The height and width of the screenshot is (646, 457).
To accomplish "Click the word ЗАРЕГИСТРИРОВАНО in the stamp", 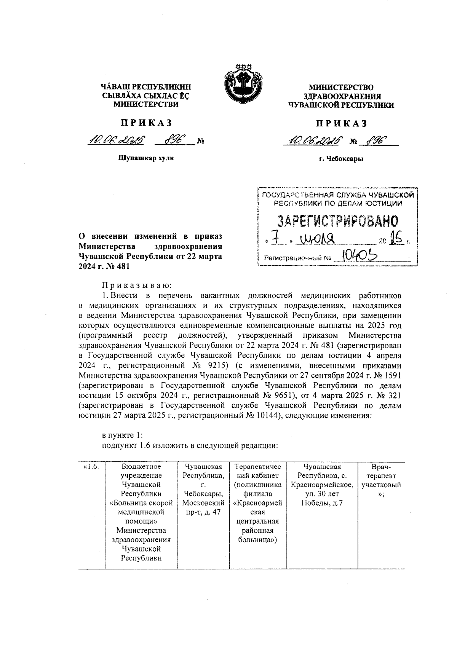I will tap(337, 221).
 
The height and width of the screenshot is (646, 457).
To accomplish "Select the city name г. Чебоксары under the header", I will tap(341, 159).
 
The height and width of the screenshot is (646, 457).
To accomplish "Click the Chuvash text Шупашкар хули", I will tap(146, 158).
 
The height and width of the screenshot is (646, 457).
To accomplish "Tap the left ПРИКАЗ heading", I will tap(147, 123).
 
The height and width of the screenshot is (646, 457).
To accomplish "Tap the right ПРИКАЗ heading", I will tap(341, 123).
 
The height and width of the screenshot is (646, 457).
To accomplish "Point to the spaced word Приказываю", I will tap(137, 285).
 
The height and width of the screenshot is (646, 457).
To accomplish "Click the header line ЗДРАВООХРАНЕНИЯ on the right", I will tap(341, 96).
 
